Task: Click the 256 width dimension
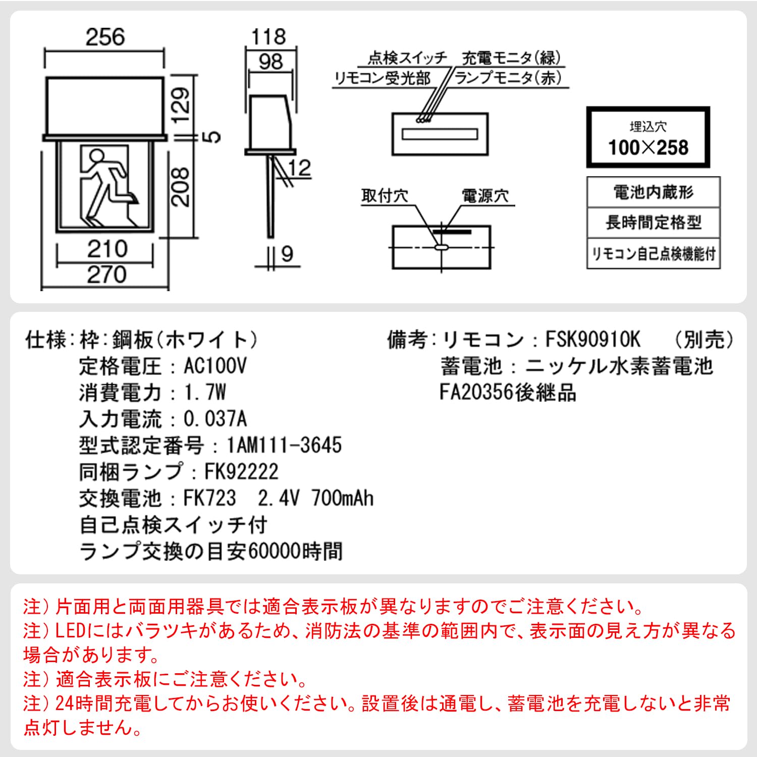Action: click(105, 37)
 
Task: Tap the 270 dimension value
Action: click(106, 275)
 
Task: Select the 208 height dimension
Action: click(181, 187)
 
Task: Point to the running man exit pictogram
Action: click(105, 186)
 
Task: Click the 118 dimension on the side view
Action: click(268, 37)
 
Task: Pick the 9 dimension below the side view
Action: click(287, 253)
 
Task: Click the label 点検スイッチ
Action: click(407, 58)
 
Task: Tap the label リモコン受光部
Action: click(383, 78)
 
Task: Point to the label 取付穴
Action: click(385, 196)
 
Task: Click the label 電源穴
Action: click(485, 196)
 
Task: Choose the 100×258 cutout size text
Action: click(648, 147)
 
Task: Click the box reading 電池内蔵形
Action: click(653, 192)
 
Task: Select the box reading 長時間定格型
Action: click(653, 222)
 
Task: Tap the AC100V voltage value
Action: click(215, 366)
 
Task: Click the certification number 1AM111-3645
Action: click(284, 445)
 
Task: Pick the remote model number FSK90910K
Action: click(592, 340)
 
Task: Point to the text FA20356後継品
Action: click(508, 392)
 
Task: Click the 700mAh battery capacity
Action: click(343, 498)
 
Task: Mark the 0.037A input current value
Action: click(215, 419)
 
